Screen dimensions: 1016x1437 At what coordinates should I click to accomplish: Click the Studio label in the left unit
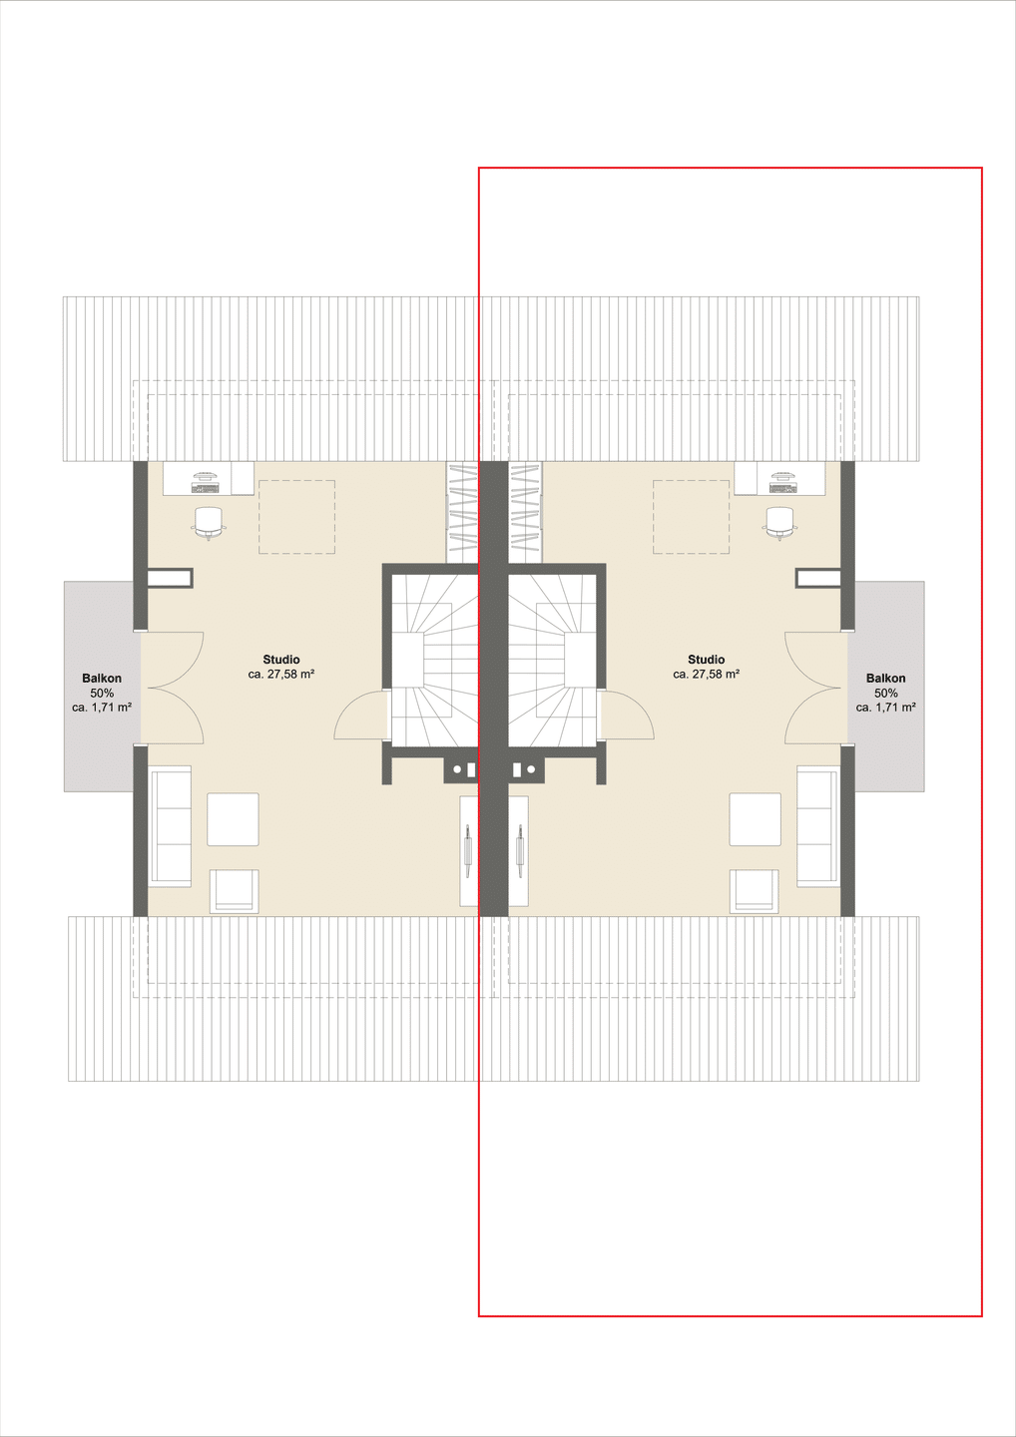pos(280,660)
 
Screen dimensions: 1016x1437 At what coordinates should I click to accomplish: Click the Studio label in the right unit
pos(707,660)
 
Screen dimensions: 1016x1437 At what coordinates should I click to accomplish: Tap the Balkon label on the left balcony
pos(102,679)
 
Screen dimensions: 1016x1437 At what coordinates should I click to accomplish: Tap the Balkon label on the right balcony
pos(886,679)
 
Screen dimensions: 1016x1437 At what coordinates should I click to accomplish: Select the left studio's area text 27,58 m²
pos(289,675)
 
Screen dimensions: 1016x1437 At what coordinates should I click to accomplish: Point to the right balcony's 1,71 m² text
pos(893,708)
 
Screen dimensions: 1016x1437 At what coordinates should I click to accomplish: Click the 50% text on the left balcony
pos(102,693)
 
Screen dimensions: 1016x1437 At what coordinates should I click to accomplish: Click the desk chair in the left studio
pos(209,522)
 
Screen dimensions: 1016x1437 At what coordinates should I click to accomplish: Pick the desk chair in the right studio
pos(779,522)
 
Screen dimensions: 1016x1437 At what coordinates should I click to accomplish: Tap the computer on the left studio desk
pos(206,482)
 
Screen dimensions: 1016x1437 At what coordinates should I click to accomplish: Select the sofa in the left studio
pos(171,826)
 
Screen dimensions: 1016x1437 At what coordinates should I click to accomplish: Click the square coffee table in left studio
pos(233,819)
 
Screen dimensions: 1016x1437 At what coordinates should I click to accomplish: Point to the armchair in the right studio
pos(754,890)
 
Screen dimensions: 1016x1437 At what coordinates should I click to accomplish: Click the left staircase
pos(435,661)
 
